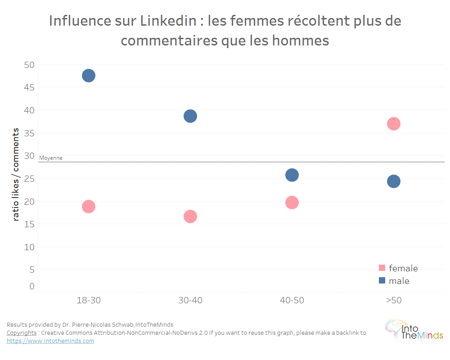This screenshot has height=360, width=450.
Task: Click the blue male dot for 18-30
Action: click(x=89, y=76)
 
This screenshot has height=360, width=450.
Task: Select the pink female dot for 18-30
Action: click(x=89, y=207)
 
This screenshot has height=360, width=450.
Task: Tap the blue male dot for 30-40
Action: click(x=190, y=116)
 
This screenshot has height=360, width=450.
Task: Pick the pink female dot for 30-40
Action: click(x=190, y=216)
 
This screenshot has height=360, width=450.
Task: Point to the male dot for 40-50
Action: click(x=292, y=175)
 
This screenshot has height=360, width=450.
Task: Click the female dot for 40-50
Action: click(x=292, y=202)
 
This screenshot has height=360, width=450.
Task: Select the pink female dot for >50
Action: click(x=394, y=124)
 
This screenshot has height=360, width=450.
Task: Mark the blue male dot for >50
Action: click(x=394, y=181)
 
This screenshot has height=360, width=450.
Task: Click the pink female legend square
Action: click(x=382, y=268)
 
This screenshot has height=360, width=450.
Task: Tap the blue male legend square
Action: click(x=382, y=280)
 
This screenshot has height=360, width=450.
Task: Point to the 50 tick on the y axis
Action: click(x=29, y=65)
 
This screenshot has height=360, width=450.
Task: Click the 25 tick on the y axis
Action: click(x=29, y=179)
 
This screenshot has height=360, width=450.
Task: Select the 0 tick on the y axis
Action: click(x=31, y=286)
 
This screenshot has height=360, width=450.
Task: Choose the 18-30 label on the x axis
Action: click(x=89, y=300)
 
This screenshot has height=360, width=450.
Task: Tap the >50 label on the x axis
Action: click(x=394, y=300)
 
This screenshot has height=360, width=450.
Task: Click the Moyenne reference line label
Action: click(x=51, y=158)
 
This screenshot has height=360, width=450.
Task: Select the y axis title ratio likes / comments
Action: click(x=16, y=174)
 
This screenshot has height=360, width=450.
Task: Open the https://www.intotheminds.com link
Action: click(x=50, y=341)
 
